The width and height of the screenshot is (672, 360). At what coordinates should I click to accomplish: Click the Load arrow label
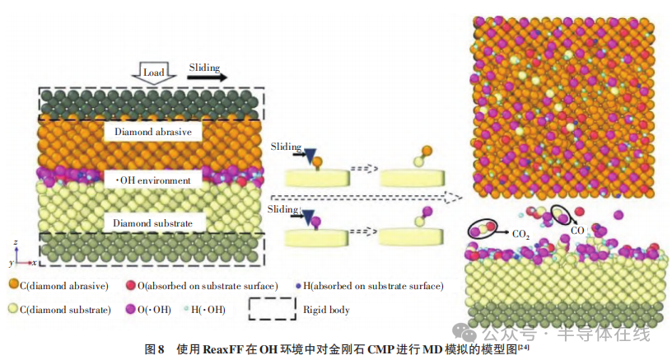153,72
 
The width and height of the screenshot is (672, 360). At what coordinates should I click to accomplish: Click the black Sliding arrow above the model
207,77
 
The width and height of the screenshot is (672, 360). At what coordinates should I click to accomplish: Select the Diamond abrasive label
153,132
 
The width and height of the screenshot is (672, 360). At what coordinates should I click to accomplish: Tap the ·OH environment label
153,180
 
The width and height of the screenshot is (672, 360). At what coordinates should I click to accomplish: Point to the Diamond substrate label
152,223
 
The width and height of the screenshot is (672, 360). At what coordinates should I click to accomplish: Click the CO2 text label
521,234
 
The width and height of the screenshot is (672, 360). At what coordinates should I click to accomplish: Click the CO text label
577,231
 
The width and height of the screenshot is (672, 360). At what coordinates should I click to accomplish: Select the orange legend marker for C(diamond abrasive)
14,284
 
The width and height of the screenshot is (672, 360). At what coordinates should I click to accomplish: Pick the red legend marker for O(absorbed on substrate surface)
131,285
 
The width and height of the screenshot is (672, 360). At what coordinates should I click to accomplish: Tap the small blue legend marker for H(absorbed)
298,286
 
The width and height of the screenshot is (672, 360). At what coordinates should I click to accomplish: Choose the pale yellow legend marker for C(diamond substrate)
13,309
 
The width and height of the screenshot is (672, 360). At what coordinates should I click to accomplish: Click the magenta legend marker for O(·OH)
131,309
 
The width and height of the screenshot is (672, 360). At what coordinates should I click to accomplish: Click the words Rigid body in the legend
326,310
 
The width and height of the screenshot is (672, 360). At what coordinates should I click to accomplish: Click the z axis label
16,242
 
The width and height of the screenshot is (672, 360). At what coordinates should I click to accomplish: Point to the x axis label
35,263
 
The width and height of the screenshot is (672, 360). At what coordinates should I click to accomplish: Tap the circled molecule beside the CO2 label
483,229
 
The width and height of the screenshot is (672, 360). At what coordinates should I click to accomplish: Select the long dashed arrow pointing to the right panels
366,198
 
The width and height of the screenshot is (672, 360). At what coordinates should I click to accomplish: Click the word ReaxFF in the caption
223,349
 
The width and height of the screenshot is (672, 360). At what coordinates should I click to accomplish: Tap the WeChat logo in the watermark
465,331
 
